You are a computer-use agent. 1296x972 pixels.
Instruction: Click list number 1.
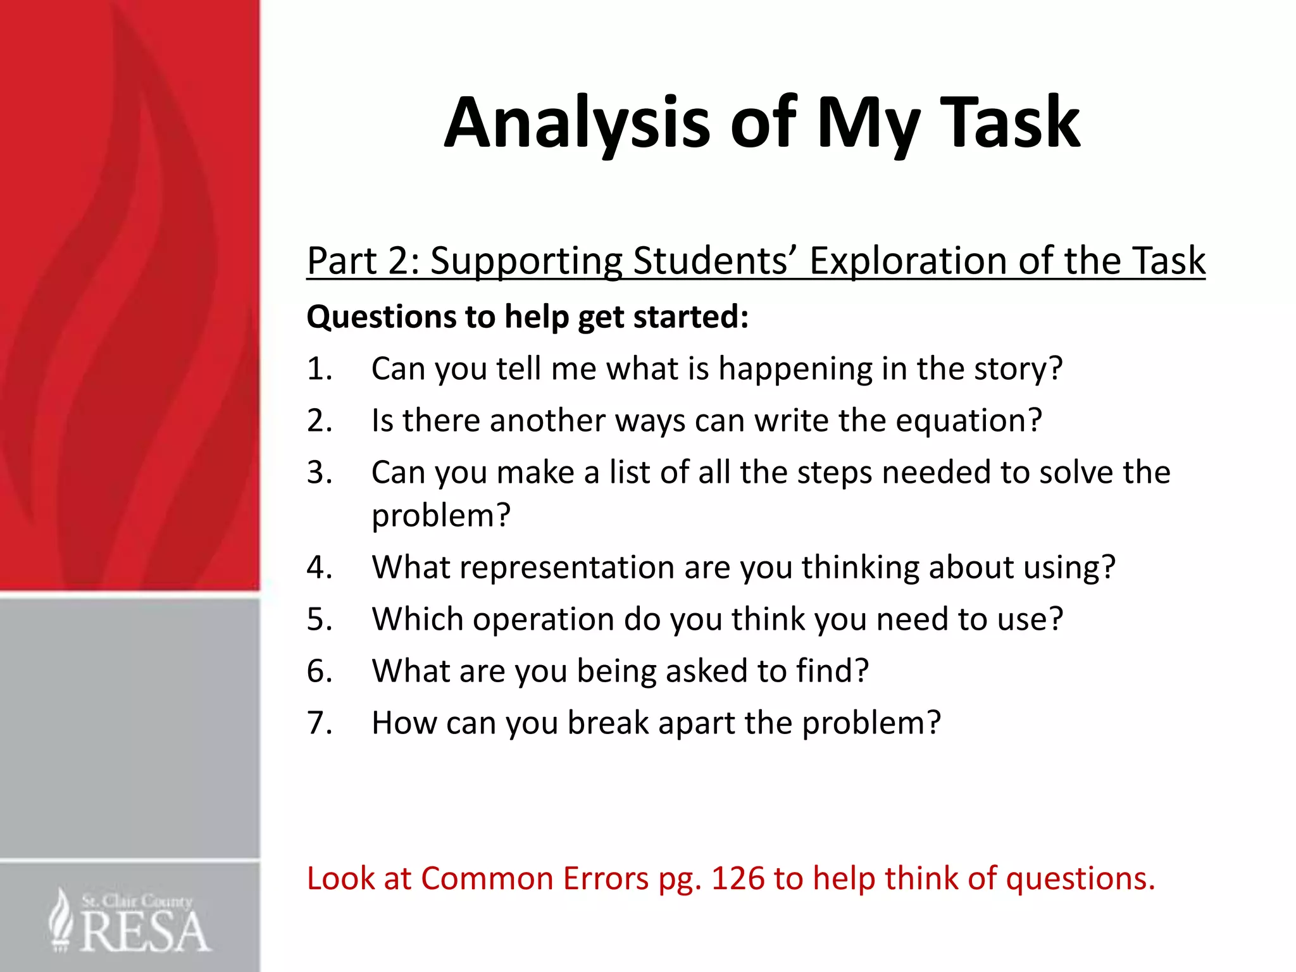(x=320, y=368)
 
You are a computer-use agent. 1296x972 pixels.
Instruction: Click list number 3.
(x=320, y=472)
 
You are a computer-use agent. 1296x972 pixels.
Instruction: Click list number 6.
(x=320, y=671)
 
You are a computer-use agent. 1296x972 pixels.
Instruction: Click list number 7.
(x=320, y=723)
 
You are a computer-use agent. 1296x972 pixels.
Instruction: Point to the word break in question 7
(x=607, y=723)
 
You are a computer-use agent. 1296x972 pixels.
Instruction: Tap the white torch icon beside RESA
(x=61, y=919)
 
